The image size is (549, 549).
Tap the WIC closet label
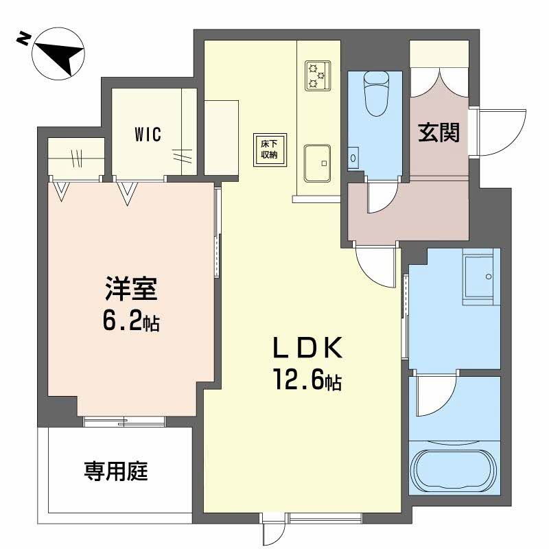[147, 134]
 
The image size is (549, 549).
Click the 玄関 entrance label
[439, 133]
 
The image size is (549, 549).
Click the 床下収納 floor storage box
[268, 149]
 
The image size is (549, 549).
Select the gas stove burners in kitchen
[316, 75]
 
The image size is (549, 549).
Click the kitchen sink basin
[316, 163]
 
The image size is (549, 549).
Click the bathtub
[454, 471]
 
